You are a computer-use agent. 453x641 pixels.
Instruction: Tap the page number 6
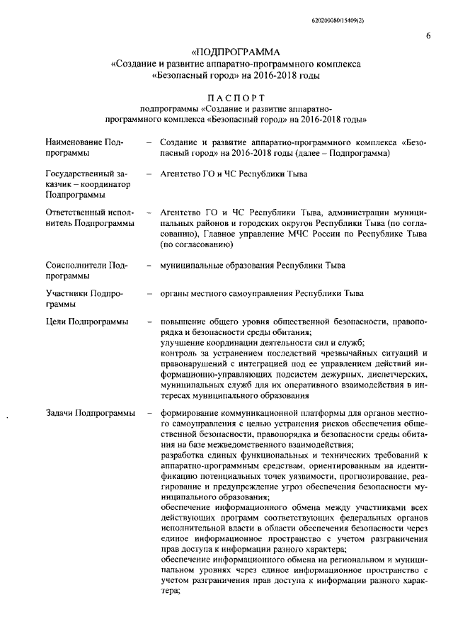tap(429, 36)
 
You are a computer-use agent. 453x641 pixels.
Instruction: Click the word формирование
tap(190, 414)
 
